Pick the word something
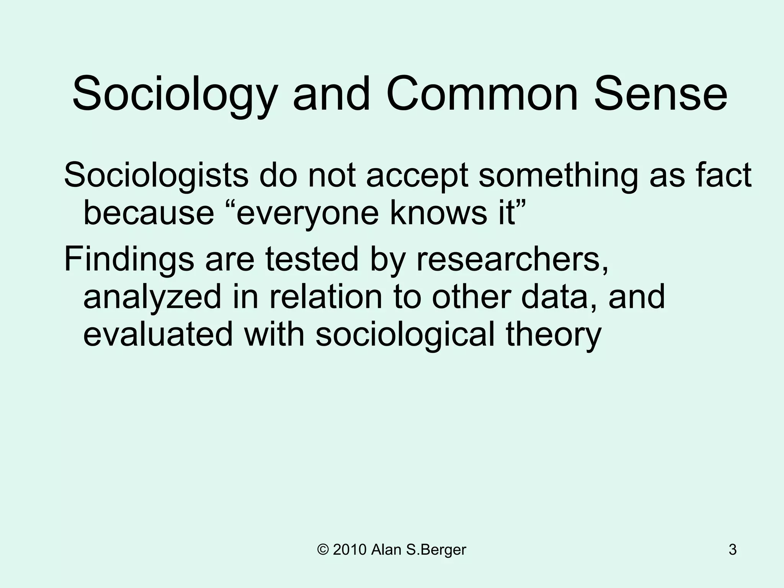pyautogui.click(x=558, y=176)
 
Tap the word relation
pyautogui.click(x=326, y=297)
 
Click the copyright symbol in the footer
pyautogui.click(x=323, y=550)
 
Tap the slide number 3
pyautogui.click(x=732, y=550)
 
